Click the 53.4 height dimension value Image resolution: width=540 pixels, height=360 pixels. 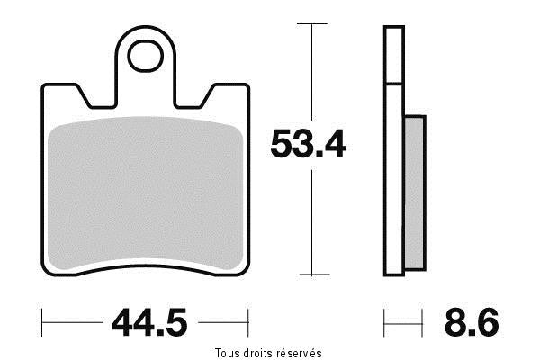[x=308, y=144]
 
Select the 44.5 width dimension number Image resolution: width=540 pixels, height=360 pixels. [x=149, y=322]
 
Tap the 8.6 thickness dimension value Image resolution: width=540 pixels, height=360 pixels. [x=472, y=322]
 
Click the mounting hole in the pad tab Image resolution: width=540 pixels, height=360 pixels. [x=145, y=56]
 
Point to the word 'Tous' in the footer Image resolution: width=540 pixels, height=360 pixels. [x=226, y=353]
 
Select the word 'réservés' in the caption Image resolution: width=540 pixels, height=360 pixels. [x=299, y=353]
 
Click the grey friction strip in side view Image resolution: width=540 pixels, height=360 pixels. [x=414, y=193]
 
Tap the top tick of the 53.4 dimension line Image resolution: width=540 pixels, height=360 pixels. [x=312, y=23]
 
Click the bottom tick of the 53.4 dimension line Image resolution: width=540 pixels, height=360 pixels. [x=314, y=274]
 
